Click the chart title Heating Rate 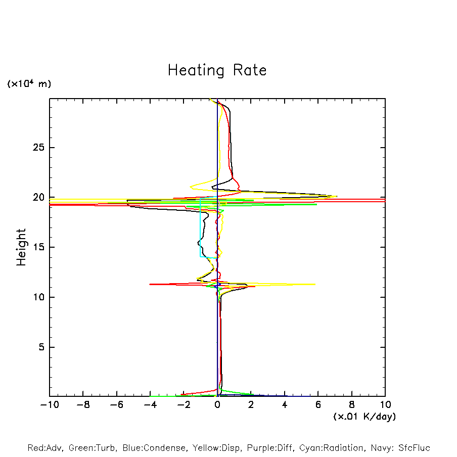click(217, 70)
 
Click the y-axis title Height click(21, 247)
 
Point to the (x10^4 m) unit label click(29, 84)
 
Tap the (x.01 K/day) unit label click(364, 417)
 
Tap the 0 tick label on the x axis click(217, 404)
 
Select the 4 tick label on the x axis click(285, 404)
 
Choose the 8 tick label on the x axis click(352, 404)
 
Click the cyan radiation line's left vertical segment click(200, 233)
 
